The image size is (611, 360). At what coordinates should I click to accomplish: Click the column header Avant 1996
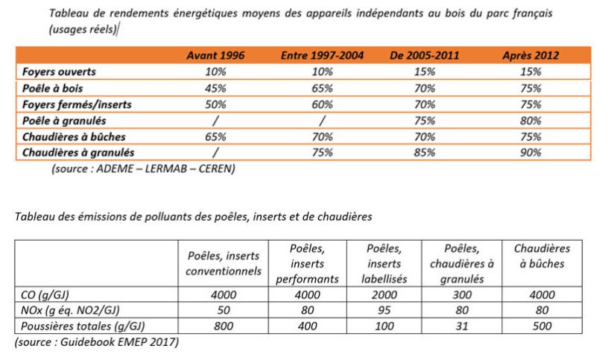tap(215, 55)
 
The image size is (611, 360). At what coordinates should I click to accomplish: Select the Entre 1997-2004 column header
tap(322, 55)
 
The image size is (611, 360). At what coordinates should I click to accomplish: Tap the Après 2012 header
tap(531, 55)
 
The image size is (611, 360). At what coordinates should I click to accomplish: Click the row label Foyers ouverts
tap(59, 72)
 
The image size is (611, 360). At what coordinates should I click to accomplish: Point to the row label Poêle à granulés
tap(64, 121)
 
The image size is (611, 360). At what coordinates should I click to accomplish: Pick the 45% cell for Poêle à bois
tap(215, 89)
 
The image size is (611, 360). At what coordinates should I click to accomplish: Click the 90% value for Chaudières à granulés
tap(531, 152)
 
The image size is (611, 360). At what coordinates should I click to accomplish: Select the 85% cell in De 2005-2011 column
tap(425, 152)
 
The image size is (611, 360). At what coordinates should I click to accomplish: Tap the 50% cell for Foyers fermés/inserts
tap(215, 104)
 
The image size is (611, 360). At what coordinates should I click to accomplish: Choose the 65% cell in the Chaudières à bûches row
tap(215, 136)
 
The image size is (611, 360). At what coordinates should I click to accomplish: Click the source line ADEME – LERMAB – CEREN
tap(143, 168)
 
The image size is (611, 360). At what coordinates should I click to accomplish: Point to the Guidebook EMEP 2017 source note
tap(97, 342)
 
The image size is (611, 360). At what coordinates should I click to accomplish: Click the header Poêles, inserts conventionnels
tap(224, 263)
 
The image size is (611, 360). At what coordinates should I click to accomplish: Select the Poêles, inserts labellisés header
tap(384, 263)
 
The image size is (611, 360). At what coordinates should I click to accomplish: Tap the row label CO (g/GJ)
tap(45, 295)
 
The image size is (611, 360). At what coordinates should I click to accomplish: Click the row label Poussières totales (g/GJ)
tap(83, 326)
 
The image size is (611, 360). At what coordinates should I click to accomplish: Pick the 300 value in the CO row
tap(462, 294)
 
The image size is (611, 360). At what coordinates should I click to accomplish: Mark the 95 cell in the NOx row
tap(384, 310)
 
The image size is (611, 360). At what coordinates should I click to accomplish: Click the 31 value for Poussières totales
tap(462, 326)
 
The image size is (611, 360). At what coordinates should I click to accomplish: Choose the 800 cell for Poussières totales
tap(224, 326)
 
